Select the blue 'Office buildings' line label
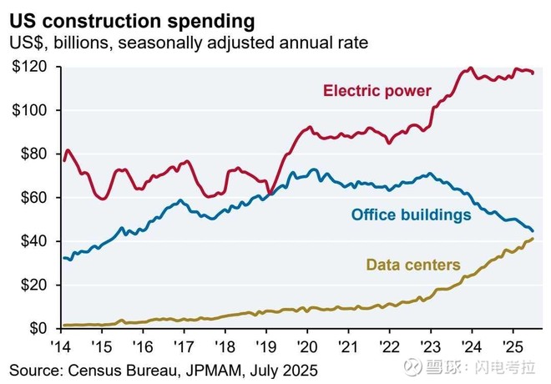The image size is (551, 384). tap(411, 215)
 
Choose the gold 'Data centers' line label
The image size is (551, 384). tap(412, 265)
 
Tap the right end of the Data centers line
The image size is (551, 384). tap(533, 239)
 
